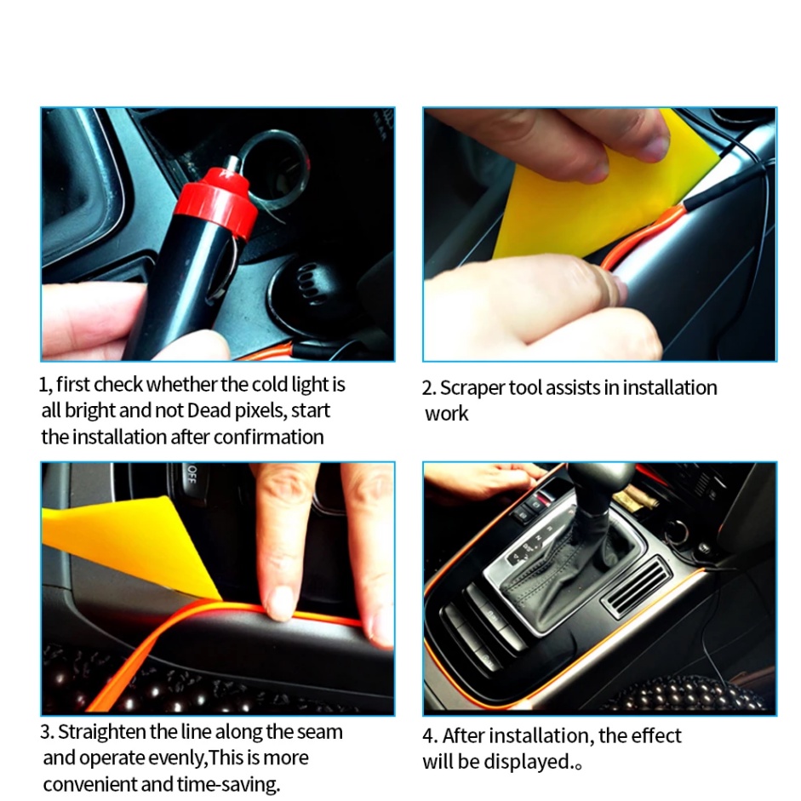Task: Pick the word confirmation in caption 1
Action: click(x=269, y=438)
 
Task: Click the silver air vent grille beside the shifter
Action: click(x=637, y=586)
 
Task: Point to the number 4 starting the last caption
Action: click(x=428, y=736)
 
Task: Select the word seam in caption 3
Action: click(x=320, y=733)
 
